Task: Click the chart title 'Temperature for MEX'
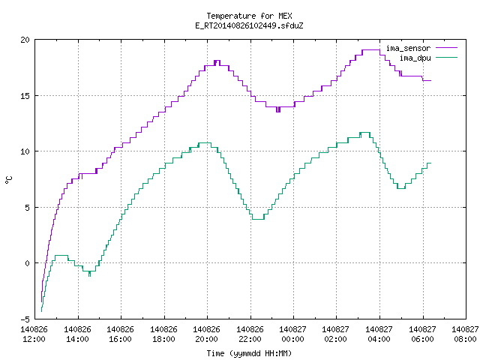click(x=249, y=16)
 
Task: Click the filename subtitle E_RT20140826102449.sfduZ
click(x=249, y=25)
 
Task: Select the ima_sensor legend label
click(x=408, y=48)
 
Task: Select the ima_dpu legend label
click(x=415, y=58)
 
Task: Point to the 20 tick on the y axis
click(x=25, y=40)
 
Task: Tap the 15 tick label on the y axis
click(x=25, y=96)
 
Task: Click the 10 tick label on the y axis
click(x=25, y=151)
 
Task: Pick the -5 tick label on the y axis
click(x=25, y=319)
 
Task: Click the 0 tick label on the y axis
click(x=28, y=263)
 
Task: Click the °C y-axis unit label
click(x=8, y=180)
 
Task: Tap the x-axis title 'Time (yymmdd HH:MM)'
click(x=249, y=353)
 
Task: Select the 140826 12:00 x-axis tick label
click(x=34, y=334)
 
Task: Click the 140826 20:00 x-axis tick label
click(x=207, y=334)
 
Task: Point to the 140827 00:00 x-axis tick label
click(x=293, y=334)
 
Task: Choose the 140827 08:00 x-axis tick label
click(x=465, y=334)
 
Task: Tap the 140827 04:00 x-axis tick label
click(x=379, y=334)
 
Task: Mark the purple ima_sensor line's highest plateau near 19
click(x=371, y=50)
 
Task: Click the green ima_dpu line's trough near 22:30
click(x=258, y=219)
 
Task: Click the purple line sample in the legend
click(x=446, y=48)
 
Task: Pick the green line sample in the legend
click(x=446, y=58)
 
